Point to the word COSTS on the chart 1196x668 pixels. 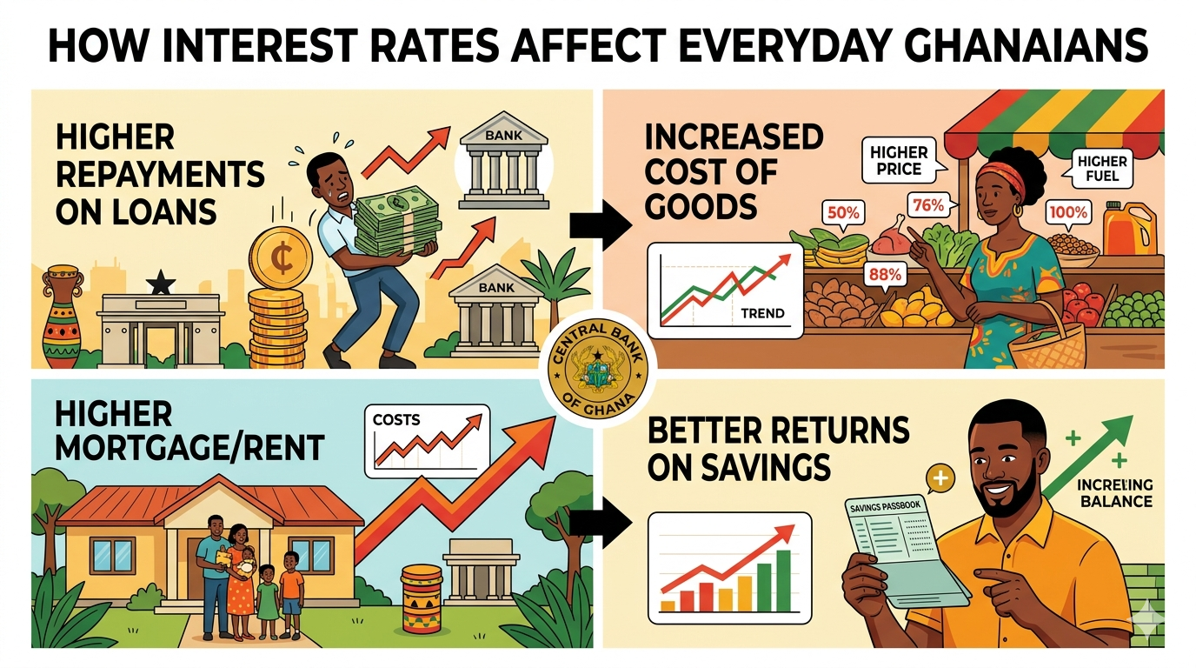396,419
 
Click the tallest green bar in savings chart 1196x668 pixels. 783,578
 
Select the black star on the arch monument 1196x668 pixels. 159,281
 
